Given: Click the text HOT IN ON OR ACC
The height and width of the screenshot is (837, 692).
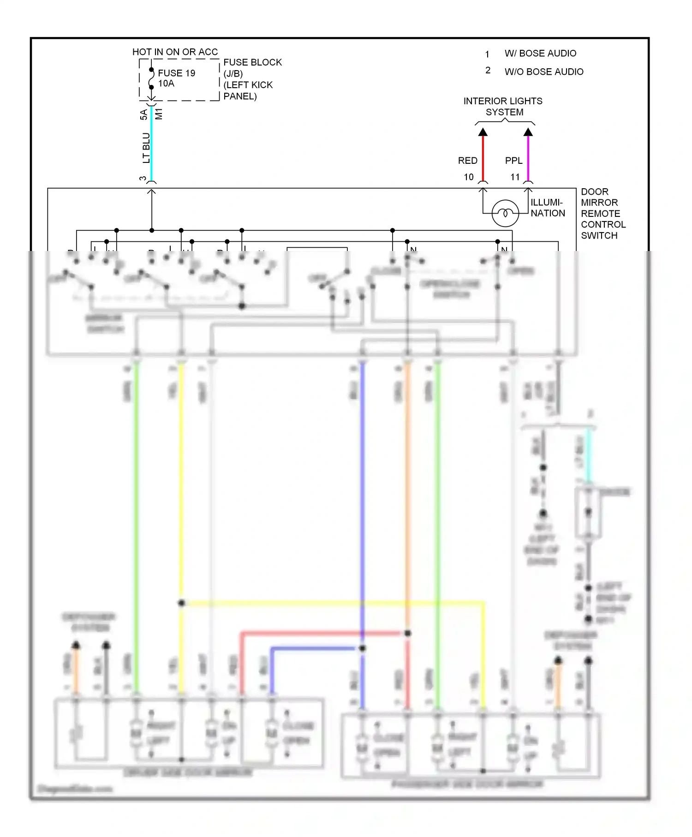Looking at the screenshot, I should (175, 52).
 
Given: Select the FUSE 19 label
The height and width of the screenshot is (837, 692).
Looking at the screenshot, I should (176, 73).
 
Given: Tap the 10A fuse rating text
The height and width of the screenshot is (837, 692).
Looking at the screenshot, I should (166, 84).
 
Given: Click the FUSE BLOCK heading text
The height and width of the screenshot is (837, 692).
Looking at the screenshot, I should (252, 62).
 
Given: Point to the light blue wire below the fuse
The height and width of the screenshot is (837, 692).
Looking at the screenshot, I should (151, 143).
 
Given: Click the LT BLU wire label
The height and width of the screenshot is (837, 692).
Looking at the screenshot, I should (146, 148).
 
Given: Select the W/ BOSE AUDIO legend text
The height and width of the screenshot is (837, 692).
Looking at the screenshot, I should (540, 54).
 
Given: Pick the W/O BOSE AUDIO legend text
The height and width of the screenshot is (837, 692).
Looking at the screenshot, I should (544, 72).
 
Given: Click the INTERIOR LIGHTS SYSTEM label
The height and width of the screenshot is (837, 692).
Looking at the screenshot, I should (503, 106).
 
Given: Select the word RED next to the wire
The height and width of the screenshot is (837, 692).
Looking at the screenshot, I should (467, 161).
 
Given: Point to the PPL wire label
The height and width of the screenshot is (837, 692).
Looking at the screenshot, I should (513, 161).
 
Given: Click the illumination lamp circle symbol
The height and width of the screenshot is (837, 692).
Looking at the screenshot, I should (505, 213).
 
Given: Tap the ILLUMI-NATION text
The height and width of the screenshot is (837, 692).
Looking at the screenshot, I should (548, 208).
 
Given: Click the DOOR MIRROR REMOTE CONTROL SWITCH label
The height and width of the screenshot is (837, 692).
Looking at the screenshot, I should (602, 213).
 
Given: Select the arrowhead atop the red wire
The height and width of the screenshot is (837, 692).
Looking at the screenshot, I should (483, 132).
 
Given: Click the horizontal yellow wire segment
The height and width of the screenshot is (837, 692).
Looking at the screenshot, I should (332, 603).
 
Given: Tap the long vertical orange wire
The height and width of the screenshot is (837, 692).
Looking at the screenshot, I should (408, 498).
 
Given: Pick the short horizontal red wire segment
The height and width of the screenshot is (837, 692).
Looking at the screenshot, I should (323, 633).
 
